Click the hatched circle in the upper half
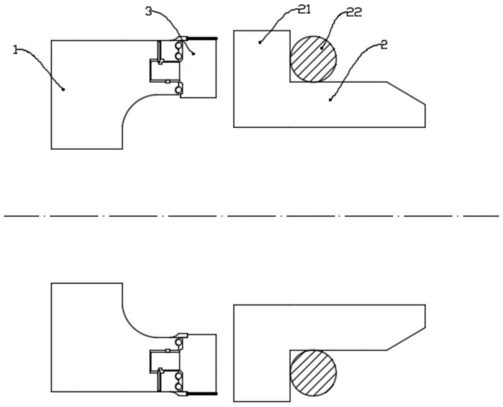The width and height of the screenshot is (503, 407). [313, 58]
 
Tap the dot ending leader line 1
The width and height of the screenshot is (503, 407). [63, 90]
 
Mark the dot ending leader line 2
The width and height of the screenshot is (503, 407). [330, 100]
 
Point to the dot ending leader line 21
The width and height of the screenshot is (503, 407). [260, 42]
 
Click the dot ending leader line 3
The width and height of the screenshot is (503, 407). [194, 53]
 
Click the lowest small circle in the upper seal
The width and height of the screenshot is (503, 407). [178, 90]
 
